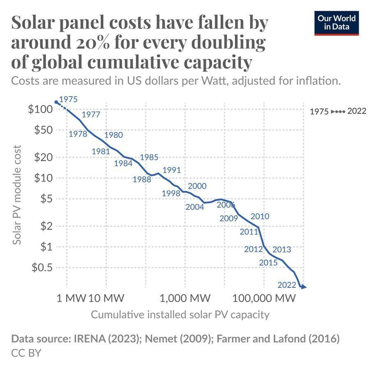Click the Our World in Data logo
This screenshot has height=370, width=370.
click(x=336, y=23)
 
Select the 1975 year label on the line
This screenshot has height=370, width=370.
click(x=68, y=99)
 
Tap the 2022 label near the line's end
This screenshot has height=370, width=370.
click(x=287, y=285)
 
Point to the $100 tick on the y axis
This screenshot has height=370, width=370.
click(x=40, y=109)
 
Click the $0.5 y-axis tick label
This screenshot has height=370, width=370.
click(x=42, y=267)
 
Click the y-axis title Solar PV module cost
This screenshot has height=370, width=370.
click(x=17, y=194)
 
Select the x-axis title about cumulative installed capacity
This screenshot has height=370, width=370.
click(x=180, y=314)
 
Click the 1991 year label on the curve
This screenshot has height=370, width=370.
click(x=171, y=170)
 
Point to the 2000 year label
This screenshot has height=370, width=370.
click(x=197, y=186)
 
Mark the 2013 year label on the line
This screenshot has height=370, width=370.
click(x=282, y=249)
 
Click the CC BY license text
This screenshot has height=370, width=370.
click(x=26, y=353)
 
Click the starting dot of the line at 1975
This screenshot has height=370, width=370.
click(x=56, y=102)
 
